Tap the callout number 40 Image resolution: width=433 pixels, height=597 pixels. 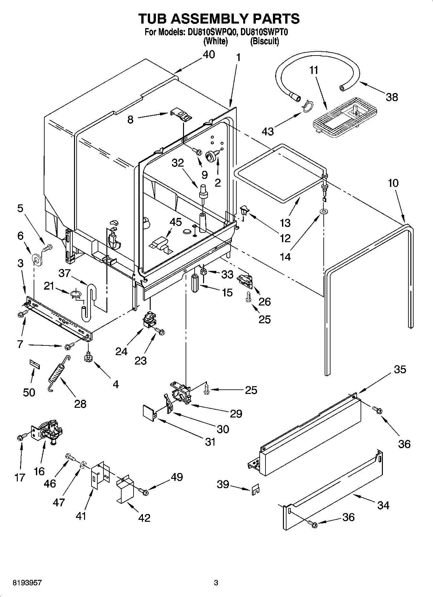209,55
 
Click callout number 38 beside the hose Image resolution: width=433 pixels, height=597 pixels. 392,97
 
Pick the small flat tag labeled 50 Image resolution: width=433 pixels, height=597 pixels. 35,364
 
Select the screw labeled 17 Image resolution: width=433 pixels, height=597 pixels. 20,437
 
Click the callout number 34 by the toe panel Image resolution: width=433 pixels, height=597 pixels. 383,505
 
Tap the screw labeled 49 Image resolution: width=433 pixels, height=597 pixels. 143,492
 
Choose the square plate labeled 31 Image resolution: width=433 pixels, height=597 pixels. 149,414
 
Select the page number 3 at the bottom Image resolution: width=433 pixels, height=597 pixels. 216,583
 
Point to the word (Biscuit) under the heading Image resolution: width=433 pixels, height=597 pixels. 265,41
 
